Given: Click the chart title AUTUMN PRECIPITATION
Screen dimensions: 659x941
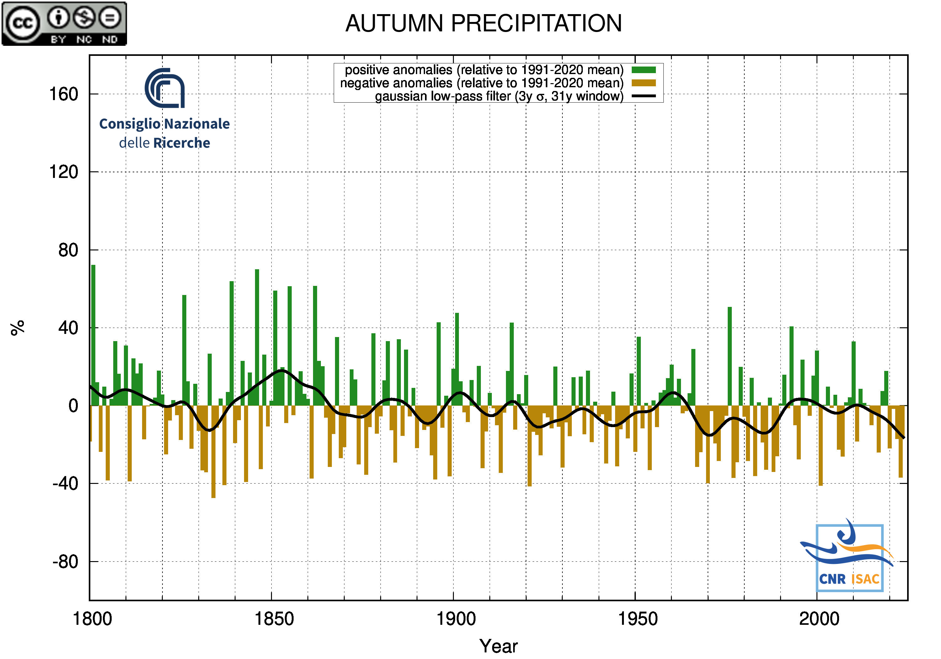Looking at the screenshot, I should coord(484,23).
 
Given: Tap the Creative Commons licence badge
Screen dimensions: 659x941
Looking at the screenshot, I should coord(64,23).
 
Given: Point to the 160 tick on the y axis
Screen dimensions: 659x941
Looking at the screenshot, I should coord(64,94).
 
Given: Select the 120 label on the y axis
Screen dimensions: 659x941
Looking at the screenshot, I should coord(64,172).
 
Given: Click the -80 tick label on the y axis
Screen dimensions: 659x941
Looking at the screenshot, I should coord(65,561).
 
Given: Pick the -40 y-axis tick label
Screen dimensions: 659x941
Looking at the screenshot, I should coord(65,484).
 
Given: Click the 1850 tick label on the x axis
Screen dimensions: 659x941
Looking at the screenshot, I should coord(274,619).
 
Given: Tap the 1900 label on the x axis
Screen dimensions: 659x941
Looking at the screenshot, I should coord(456,619).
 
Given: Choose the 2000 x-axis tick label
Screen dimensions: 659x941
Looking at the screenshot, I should coord(819,619).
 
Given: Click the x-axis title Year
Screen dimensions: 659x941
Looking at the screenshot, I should coord(498,646).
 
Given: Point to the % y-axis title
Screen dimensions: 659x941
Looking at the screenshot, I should coord(18,328).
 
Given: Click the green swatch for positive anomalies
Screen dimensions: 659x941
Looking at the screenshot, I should coord(643,70).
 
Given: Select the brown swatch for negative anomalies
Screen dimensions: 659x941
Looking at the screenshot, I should coord(643,83).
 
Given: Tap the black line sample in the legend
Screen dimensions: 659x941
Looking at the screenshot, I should coord(643,96).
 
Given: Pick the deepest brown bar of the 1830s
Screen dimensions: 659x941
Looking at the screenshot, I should coord(214,451).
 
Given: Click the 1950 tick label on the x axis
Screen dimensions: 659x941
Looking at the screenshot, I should coord(637,619).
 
